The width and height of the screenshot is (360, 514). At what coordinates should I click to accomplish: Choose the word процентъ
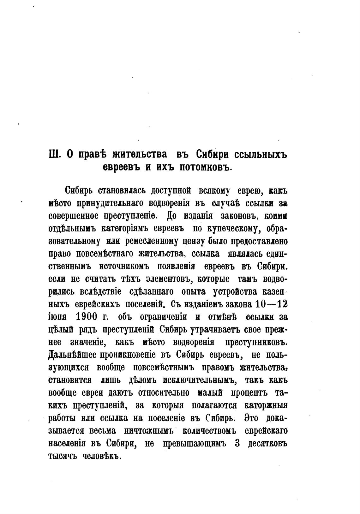pyautogui.click(x=249, y=392)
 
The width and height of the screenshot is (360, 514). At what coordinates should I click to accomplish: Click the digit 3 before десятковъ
pyautogui.click(x=237, y=443)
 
